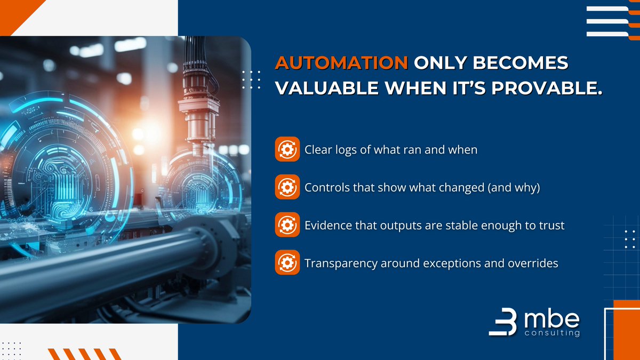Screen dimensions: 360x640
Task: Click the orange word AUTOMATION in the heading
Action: coord(341,63)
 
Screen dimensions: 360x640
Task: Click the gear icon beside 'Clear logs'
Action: coord(287,149)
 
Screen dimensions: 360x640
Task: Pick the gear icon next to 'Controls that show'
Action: coord(287,187)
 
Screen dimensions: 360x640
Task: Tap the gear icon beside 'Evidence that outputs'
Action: coord(287,225)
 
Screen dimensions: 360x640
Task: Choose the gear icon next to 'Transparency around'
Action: coord(287,263)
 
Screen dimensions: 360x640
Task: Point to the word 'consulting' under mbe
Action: coord(551,333)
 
